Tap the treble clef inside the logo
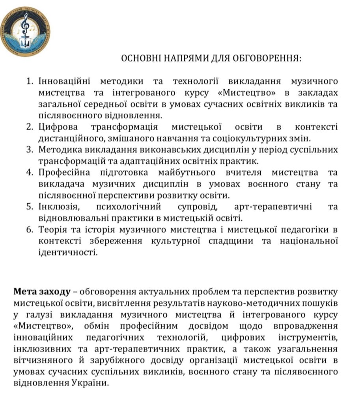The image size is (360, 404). click(25, 23)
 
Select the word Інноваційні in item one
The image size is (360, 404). click(65, 82)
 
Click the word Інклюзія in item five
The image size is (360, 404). click(56, 207)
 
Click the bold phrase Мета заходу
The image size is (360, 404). click(42, 292)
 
